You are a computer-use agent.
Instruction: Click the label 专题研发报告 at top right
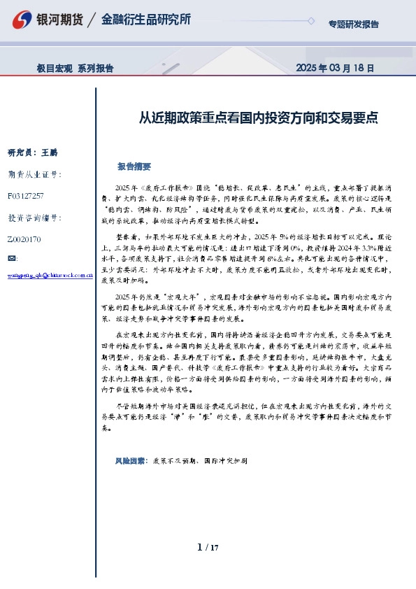coord(353,24)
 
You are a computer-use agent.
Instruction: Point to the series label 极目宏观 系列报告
coord(75,69)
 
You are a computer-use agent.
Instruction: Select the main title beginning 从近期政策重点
coord(259,118)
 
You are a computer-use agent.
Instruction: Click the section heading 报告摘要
coord(134,167)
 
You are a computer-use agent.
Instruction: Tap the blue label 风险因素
coord(130,462)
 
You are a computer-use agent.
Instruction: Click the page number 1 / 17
coord(208,547)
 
